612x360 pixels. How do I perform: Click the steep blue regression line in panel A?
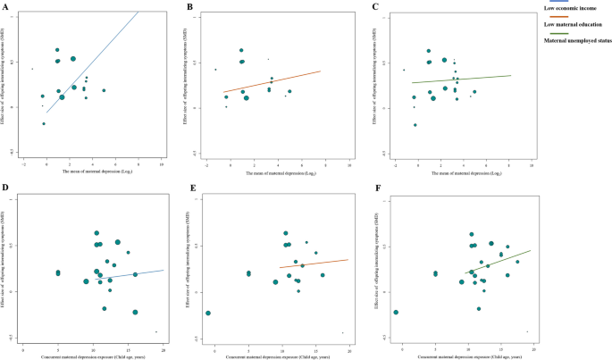pos(89,63)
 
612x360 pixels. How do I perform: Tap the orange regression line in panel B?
pos(268,81)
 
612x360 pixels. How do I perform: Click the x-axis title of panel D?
pos(92,355)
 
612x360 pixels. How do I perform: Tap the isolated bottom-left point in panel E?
pos(207,313)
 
